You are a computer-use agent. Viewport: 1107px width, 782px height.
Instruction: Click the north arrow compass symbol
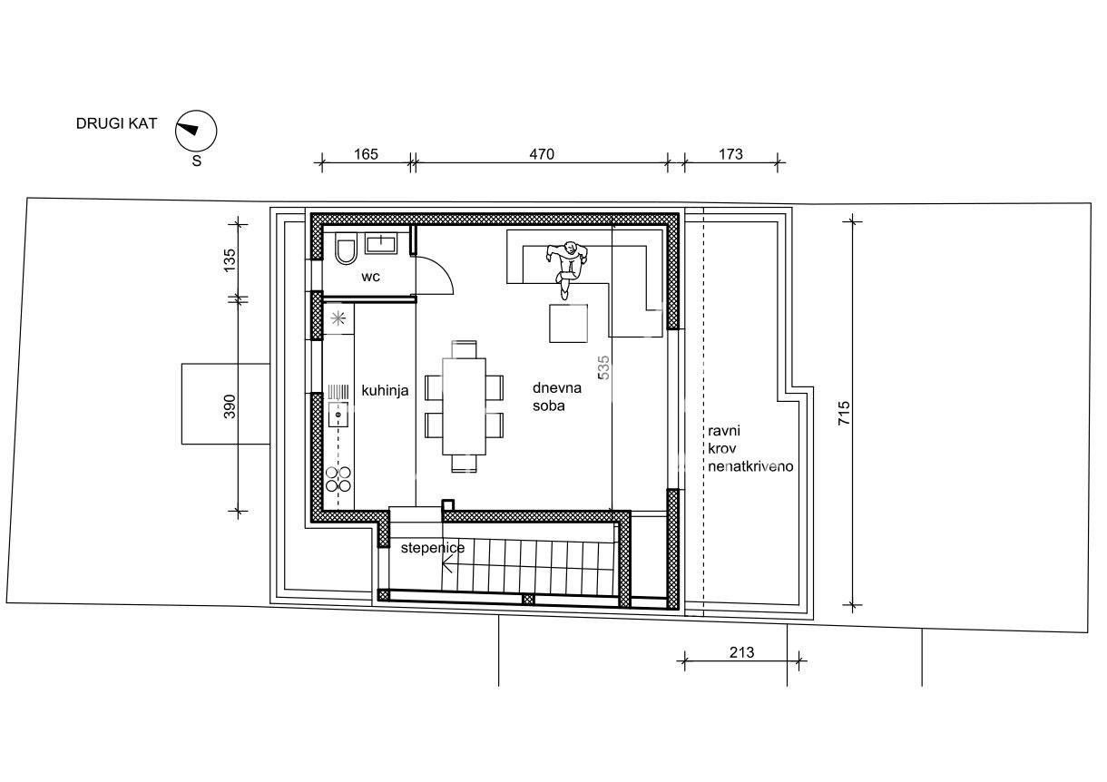tap(196, 132)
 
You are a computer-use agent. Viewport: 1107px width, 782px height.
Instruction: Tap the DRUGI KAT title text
tap(116, 123)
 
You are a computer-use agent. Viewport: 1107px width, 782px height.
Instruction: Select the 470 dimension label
tap(541, 154)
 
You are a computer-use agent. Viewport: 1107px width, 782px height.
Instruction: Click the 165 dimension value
tap(365, 154)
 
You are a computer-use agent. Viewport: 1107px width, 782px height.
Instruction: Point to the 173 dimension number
tap(730, 154)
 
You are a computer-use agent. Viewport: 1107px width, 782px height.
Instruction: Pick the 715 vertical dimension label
tap(845, 414)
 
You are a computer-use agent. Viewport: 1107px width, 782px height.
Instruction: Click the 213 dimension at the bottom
tap(741, 652)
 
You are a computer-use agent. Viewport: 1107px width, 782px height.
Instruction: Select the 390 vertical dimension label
tap(229, 406)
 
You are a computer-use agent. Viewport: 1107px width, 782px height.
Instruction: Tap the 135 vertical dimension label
tap(229, 261)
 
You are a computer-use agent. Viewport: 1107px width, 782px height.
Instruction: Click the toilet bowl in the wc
tap(346, 250)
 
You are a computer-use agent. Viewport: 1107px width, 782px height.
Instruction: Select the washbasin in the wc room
tap(382, 242)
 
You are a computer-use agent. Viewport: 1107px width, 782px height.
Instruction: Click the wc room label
tap(370, 277)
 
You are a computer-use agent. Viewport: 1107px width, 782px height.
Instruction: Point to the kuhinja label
tap(385, 391)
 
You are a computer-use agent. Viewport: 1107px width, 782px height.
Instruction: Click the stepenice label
tap(432, 548)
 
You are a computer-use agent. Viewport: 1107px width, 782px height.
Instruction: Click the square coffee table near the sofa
tap(568, 323)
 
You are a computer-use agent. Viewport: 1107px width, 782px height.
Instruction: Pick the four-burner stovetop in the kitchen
tap(338, 478)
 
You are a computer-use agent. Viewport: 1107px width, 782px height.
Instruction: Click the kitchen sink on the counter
tap(338, 415)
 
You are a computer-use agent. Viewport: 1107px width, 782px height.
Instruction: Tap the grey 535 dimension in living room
tap(603, 366)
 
